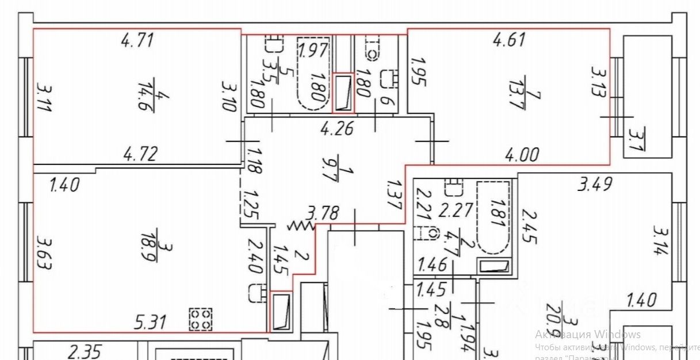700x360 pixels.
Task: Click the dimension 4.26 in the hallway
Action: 336,129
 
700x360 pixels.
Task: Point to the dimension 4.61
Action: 509,40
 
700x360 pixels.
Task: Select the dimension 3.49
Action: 594,185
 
